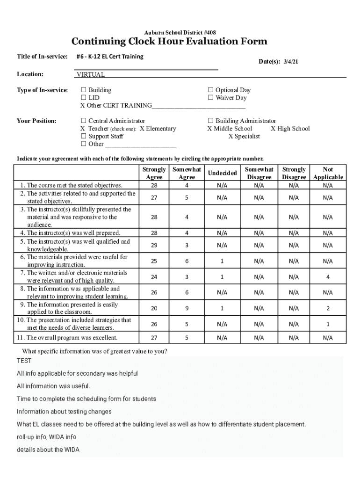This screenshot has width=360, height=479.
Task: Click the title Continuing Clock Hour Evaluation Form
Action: point(169,42)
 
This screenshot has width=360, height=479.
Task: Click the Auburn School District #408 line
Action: point(180,32)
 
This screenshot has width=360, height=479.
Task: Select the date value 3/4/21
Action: point(290,62)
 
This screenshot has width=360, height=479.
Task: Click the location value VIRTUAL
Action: point(91,74)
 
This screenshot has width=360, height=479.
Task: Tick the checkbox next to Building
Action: point(84,90)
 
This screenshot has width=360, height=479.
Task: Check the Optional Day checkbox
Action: point(211,90)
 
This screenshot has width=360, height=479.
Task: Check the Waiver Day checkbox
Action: point(211,98)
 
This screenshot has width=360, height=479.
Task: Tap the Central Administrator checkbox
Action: point(84,121)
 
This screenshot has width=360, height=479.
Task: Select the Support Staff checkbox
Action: point(84,136)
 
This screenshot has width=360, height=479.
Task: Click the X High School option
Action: point(290,129)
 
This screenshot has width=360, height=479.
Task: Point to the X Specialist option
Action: point(244,136)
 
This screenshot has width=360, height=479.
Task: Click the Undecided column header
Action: point(222,174)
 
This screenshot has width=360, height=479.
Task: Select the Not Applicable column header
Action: point(328,173)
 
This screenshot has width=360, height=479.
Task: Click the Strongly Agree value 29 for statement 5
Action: point(154,245)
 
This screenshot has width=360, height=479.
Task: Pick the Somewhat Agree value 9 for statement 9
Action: point(187,308)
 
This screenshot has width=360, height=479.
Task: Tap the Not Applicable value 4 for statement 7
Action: point(328,277)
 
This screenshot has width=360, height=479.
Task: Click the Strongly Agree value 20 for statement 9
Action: point(154,308)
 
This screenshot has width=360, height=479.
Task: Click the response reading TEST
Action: point(24,361)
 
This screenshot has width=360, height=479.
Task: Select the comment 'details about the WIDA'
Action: point(48,450)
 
